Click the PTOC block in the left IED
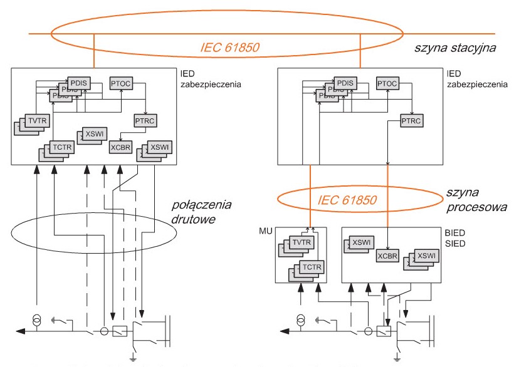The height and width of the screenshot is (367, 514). [x=120, y=83]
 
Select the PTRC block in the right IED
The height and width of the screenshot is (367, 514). [x=412, y=120]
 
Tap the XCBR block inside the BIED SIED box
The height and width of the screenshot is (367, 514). [x=387, y=256]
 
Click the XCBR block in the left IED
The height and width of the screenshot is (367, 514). [x=120, y=148]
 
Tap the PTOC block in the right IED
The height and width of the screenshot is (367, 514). [x=387, y=83]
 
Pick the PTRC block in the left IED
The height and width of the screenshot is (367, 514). [x=145, y=120]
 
